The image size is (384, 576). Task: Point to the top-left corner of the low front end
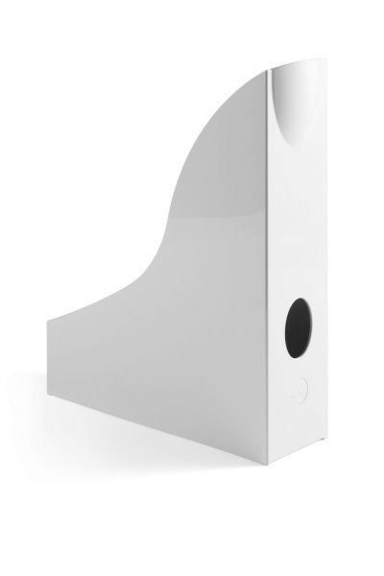(47, 319)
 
